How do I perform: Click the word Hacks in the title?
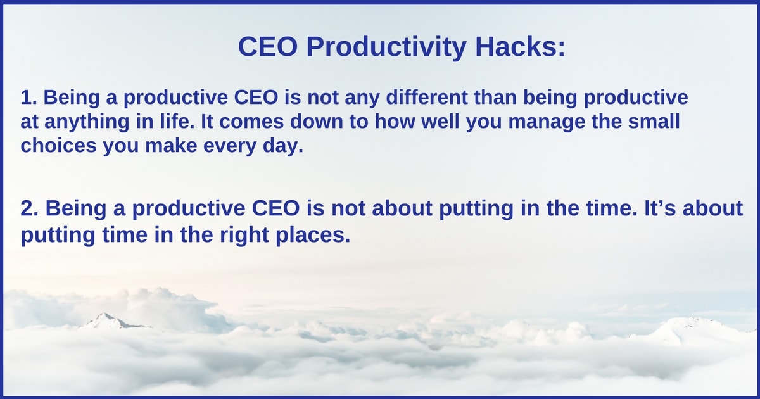520,46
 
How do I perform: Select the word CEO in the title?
268,46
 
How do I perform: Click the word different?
427,97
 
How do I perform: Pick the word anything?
87,122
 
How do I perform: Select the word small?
654,121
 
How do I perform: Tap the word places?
313,236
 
